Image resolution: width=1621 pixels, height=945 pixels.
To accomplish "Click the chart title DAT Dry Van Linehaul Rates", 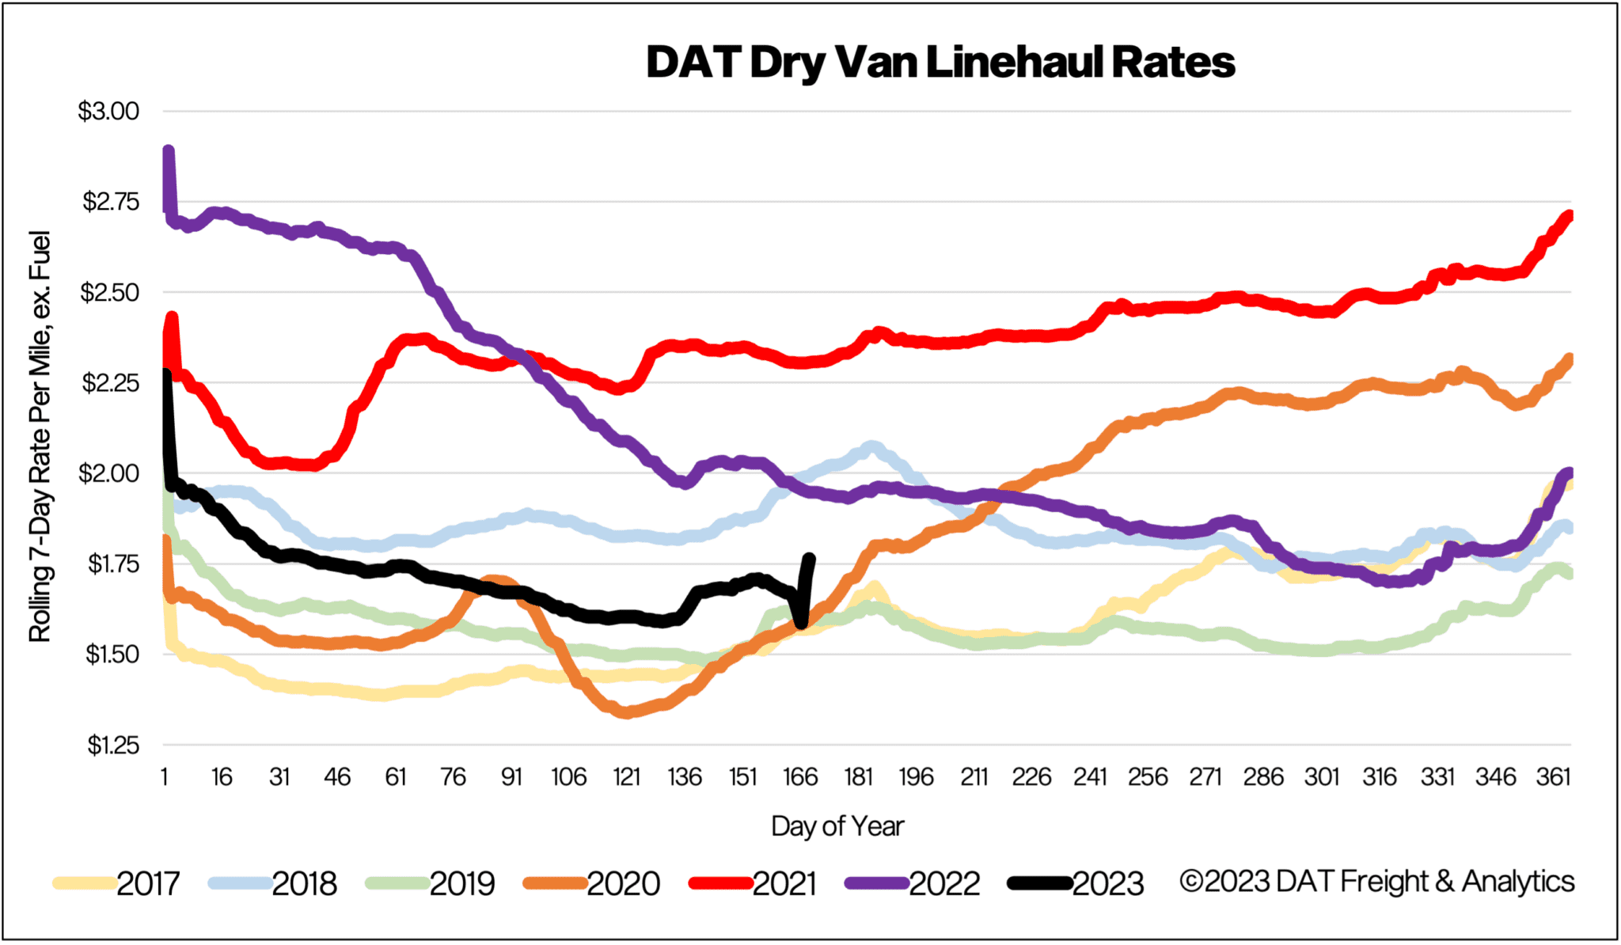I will click(940, 63).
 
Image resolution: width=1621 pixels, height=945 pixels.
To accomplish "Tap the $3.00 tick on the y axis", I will click(108, 112).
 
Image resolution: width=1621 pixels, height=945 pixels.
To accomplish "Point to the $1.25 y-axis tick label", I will click(112, 746).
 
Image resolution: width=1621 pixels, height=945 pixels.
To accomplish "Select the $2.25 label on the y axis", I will click(110, 384).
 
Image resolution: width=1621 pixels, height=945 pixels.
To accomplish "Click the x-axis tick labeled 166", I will click(800, 777).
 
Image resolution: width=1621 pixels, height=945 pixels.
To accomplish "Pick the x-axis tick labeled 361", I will click(1553, 777).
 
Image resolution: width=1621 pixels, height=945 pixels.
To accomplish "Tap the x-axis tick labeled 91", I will click(511, 777).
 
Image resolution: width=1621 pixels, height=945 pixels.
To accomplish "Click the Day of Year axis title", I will click(837, 826).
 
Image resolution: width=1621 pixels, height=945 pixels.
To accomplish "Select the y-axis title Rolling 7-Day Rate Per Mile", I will click(40, 435).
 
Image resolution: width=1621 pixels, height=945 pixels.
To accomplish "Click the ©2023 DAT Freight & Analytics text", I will click(1376, 882).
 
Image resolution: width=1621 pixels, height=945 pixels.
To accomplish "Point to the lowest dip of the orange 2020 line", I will click(626, 712).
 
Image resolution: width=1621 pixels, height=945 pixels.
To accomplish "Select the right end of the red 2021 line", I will click(1569, 215).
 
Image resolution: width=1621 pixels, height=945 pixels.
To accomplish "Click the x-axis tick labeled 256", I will click(1148, 777).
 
